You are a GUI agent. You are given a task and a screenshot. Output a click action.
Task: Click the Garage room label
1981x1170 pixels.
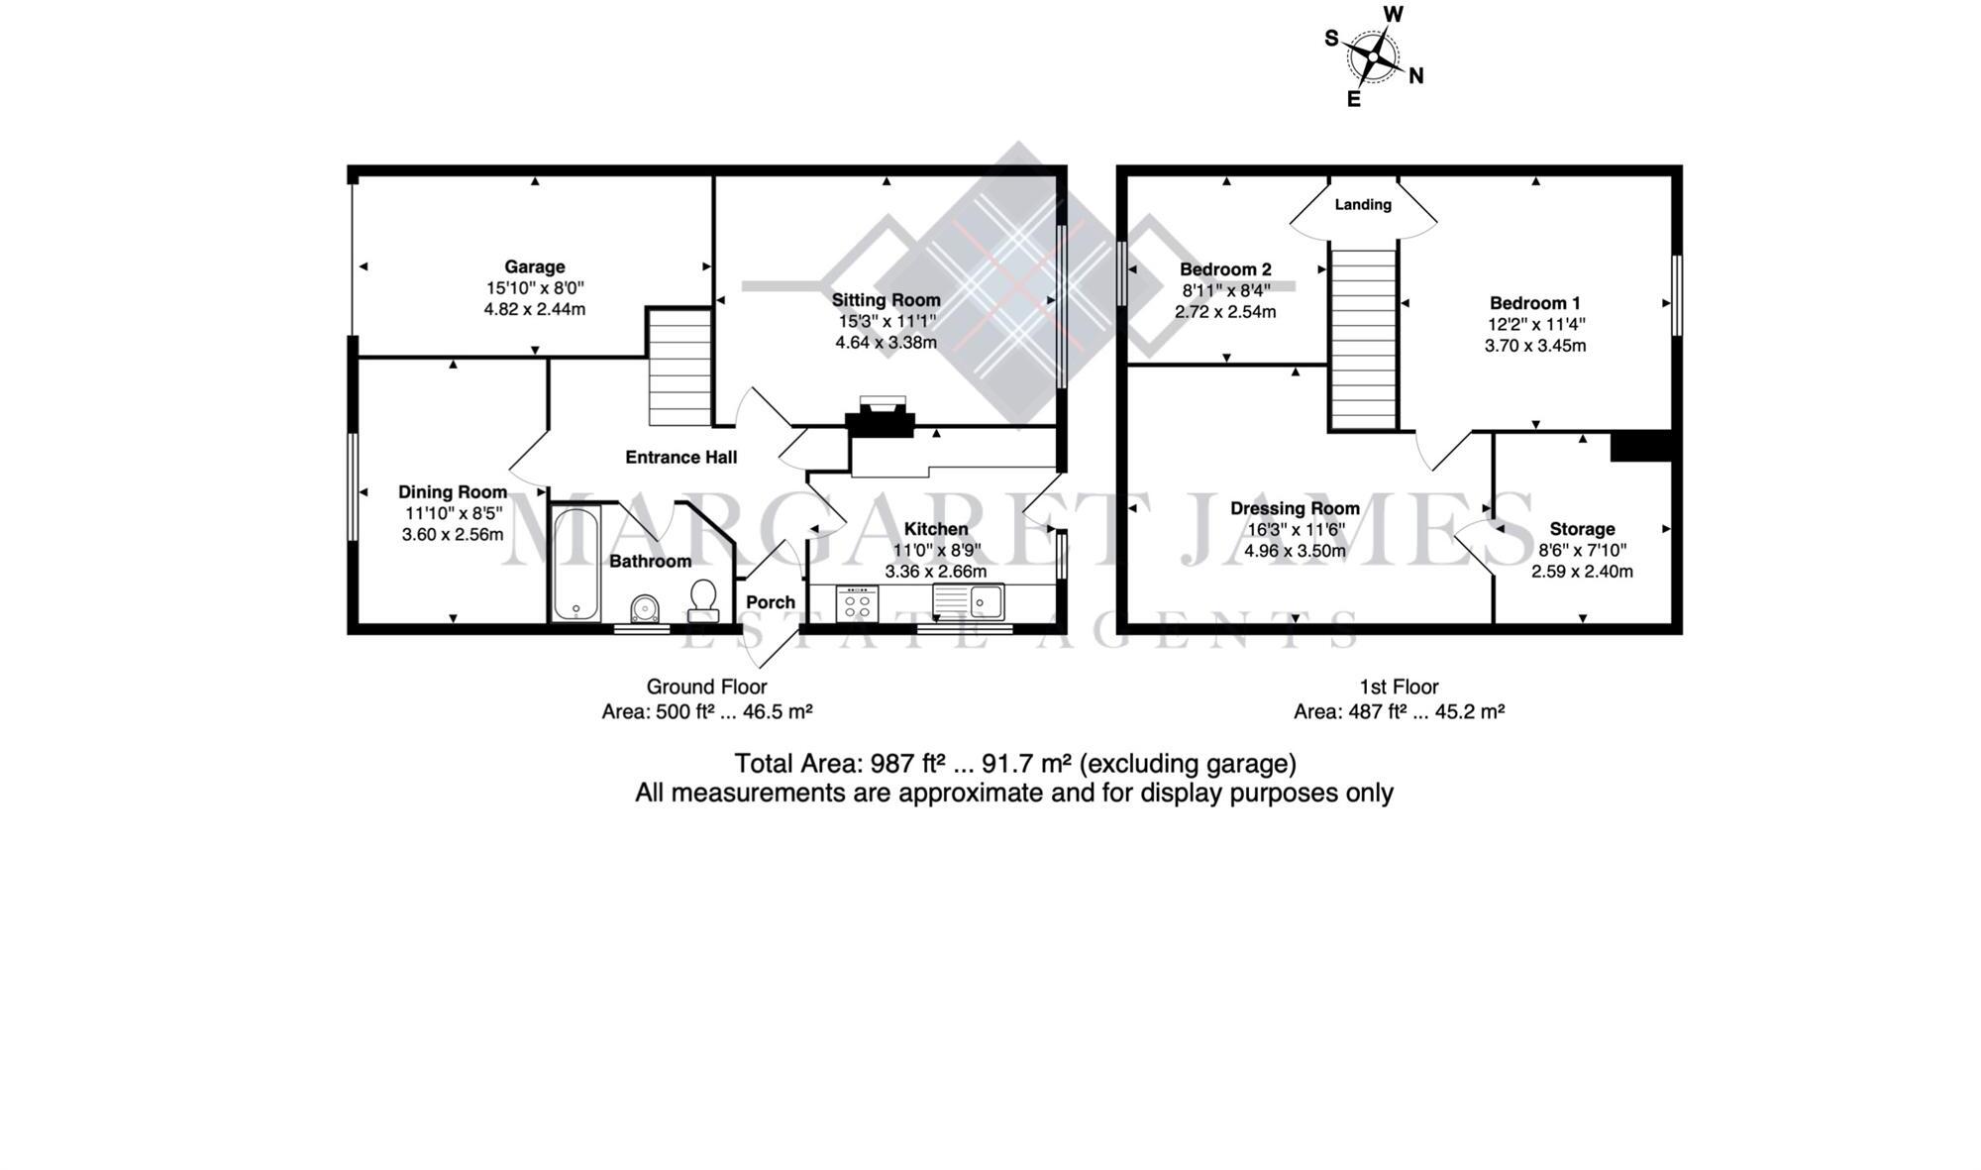535,266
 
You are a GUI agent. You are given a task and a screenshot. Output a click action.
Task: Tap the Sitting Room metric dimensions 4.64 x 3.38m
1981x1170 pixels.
886,343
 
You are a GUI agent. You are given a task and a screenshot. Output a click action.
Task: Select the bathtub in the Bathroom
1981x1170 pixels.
575,565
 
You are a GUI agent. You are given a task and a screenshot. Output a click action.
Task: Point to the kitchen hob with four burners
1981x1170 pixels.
857,604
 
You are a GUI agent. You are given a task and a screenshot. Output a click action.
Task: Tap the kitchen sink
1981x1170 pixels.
969,601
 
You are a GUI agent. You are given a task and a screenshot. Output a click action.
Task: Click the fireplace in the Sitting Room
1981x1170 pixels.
880,418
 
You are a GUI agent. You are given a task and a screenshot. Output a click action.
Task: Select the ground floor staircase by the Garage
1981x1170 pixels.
679,368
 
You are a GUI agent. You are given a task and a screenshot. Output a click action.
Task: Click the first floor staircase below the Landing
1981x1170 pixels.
1363,337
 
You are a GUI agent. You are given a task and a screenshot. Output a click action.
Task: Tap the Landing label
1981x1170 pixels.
1363,205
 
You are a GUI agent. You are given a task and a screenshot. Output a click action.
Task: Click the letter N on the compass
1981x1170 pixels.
1416,76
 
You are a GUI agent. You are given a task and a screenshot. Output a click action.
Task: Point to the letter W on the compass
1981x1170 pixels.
1393,14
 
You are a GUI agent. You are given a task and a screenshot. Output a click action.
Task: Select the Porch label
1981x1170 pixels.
771,602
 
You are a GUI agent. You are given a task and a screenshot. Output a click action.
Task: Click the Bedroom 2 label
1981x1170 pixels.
1225,269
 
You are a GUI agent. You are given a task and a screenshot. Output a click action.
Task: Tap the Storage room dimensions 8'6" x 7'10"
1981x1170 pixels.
1582,550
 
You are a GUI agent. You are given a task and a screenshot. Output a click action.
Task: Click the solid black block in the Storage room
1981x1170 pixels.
1640,447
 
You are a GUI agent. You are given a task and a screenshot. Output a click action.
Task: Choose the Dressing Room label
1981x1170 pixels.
1295,508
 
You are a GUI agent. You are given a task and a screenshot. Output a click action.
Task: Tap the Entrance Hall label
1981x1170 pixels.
681,457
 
